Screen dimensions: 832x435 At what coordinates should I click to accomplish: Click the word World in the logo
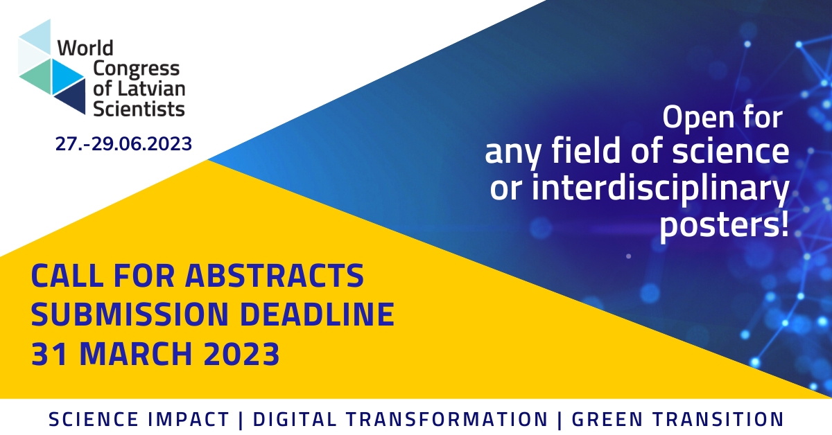(x=85, y=48)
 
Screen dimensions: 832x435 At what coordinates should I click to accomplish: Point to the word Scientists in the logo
(x=139, y=109)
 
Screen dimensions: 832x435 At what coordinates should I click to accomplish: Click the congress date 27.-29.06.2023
(x=123, y=143)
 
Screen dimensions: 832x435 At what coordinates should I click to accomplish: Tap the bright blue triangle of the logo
(x=64, y=76)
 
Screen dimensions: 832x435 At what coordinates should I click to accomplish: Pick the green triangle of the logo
(x=38, y=76)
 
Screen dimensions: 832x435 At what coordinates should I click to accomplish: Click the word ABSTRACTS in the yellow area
(x=275, y=276)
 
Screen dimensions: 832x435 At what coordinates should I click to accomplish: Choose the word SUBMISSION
(x=130, y=314)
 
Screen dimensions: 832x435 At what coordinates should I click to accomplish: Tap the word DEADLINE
(x=317, y=314)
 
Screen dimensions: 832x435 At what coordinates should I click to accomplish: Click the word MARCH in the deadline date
(x=137, y=354)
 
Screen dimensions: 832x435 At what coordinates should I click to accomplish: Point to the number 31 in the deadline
(x=49, y=354)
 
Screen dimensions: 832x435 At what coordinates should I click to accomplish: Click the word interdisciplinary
(x=660, y=188)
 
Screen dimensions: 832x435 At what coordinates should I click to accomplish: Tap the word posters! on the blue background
(x=724, y=225)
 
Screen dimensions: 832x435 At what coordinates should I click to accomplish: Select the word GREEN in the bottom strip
(x=607, y=419)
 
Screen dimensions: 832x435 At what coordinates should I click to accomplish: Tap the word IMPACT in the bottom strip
(x=189, y=419)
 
